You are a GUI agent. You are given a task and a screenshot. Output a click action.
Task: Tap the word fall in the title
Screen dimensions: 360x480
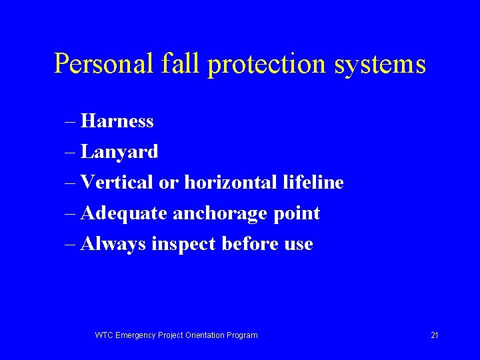(182, 65)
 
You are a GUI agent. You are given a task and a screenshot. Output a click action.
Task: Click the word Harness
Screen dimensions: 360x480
(117, 121)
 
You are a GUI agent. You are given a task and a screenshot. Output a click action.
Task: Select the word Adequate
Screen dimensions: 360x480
(124, 214)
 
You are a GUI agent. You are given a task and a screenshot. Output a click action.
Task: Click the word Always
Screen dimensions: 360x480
(113, 245)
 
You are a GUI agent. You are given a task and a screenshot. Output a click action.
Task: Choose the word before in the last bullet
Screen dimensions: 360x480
(249, 244)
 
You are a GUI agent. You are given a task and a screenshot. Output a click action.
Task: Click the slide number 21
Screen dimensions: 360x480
(434, 335)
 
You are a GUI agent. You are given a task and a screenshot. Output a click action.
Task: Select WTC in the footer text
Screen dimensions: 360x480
(104, 335)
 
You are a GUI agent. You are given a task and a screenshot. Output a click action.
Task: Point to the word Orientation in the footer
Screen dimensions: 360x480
(203, 335)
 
